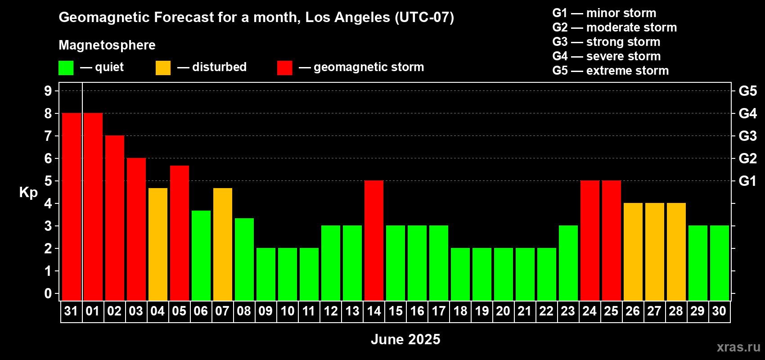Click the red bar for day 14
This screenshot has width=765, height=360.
pyautogui.click(x=374, y=240)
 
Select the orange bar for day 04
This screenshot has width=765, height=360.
pyautogui.click(x=158, y=244)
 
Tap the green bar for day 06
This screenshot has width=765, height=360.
pyautogui.click(x=201, y=256)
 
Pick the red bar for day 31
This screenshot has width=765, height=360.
pyautogui.click(x=72, y=207)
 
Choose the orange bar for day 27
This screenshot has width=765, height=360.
pyautogui.click(x=655, y=252)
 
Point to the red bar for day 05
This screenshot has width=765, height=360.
pyautogui.click(x=180, y=233)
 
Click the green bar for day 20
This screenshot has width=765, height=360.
pyautogui.click(x=504, y=274)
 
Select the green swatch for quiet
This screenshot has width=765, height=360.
pyautogui.click(x=66, y=67)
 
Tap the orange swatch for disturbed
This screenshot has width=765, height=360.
pyautogui.click(x=163, y=67)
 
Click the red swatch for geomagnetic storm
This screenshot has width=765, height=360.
pyautogui.click(x=284, y=67)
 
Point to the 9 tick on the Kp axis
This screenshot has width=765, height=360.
pyautogui.click(x=48, y=91)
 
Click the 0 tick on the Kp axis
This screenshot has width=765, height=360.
pyautogui.click(x=48, y=293)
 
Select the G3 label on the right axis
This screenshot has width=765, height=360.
pyautogui.click(x=748, y=136)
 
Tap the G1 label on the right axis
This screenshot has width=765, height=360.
pyautogui.click(x=747, y=181)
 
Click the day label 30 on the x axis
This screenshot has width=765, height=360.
pyautogui.click(x=719, y=311)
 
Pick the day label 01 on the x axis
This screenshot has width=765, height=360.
pyautogui.click(x=93, y=311)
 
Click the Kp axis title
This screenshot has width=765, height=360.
pyautogui.click(x=28, y=193)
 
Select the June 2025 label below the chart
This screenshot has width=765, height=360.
pyautogui.click(x=405, y=339)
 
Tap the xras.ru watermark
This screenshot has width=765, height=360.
pyautogui.click(x=738, y=347)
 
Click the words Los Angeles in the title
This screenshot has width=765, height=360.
pyautogui.click(x=348, y=18)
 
